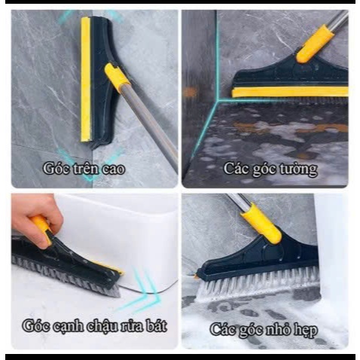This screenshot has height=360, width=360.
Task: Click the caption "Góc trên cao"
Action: (84, 169)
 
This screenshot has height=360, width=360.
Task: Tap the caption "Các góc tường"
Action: (270, 169)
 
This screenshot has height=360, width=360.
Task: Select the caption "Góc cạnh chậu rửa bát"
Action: (94, 326)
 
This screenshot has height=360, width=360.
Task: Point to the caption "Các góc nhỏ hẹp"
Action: (264, 329)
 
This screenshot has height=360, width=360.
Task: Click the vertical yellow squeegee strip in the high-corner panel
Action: (85, 80)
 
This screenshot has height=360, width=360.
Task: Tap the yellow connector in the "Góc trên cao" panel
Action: (117, 75)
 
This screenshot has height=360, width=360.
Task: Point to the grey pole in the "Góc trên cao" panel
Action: (149, 123)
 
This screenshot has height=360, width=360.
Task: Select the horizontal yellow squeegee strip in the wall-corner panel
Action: (290, 92)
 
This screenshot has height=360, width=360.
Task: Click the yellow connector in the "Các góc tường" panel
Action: (315, 43)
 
